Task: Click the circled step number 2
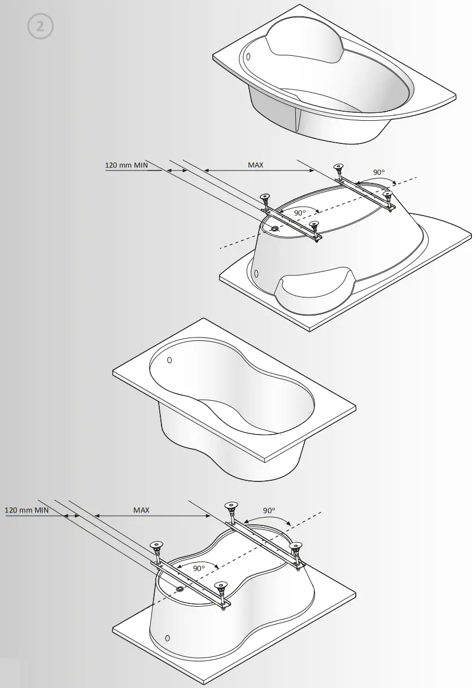coord(40,26)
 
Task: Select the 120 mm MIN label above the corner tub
coord(125,165)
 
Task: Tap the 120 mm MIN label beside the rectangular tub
coord(27,510)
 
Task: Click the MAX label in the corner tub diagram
coord(256,165)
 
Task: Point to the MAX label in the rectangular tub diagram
coord(141,510)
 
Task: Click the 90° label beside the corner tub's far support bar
coord(379,172)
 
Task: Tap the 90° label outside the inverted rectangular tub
coord(269,510)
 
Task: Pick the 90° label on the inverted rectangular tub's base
coord(198,568)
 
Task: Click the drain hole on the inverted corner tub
coord(276,229)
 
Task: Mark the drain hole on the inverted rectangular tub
coord(180,589)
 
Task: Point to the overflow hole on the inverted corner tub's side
coord(256,274)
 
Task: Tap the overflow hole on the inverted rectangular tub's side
coord(167,638)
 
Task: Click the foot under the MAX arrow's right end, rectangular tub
coord(230,506)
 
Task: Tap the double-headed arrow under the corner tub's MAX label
coord(251,170)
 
